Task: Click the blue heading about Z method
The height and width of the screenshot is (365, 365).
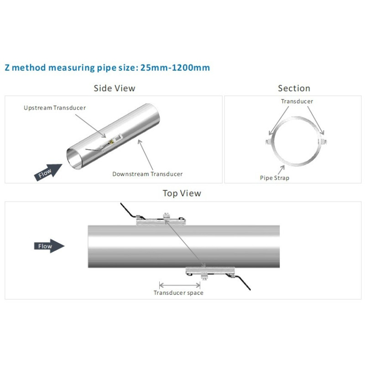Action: click(x=107, y=68)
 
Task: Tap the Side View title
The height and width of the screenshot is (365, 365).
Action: click(x=115, y=88)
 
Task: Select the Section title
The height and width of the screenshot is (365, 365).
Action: click(x=294, y=88)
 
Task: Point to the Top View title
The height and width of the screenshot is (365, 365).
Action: click(x=182, y=193)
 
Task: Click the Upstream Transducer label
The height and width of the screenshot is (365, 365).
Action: click(x=55, y=108)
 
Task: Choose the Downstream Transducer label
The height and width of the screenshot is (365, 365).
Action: click(x=147, y=174)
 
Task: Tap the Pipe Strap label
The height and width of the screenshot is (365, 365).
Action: click(x=275, y=178)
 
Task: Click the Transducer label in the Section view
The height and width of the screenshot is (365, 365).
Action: click(x=297, y=101)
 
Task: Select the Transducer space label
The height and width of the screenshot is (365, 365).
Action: click(x=178, y=293)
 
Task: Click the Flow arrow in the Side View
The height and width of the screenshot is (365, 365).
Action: click(x=48, y=172)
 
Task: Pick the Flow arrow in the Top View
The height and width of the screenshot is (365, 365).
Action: click(x=49, y=246)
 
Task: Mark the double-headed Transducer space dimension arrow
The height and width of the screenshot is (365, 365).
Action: click(x=179, y=285)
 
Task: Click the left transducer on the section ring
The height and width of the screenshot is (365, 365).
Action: click(x=269, y=141)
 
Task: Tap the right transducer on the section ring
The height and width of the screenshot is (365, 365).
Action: click(x=323, y=141)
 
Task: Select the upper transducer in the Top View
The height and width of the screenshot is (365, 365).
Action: click(x=161, y=219)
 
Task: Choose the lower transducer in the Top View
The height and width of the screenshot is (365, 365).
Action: click(x=210, y=273)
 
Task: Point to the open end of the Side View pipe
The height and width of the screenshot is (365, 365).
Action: click(x=74, y=158)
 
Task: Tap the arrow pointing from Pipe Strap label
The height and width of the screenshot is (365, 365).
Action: click(x=281, y=170)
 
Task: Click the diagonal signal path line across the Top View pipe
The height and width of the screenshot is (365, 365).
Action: click(x=185, y=244)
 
